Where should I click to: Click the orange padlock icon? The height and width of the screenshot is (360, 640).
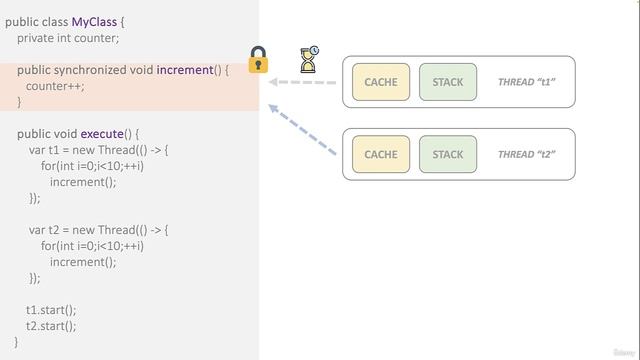[x=258, y=61]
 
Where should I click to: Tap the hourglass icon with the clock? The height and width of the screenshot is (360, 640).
[x=310, y=60]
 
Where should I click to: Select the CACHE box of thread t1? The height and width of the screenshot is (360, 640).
[x=381, y=82]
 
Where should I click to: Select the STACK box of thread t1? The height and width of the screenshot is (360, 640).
[x=448, y=82]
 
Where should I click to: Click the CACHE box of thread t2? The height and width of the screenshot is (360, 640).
[x=381, y=154]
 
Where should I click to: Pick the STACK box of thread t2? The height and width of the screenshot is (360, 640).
[x=448, y=154]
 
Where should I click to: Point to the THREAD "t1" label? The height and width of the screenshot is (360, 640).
[x=526, y=82]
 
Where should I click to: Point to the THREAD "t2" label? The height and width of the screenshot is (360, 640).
[x=526, y=154]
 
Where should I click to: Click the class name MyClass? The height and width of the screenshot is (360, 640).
[x=95, y=22]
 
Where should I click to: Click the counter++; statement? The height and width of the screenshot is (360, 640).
[x=55, y=86]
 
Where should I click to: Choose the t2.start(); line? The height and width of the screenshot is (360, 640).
[x=51, y=326]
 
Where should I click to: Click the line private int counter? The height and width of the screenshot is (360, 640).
[x=68, y=38]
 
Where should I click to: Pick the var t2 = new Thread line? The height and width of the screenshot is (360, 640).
[x=99, y=230]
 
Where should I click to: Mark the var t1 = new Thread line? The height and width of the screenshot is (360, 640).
[x=99, y=150]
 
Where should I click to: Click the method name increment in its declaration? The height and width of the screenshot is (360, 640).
[x=185, y=70]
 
